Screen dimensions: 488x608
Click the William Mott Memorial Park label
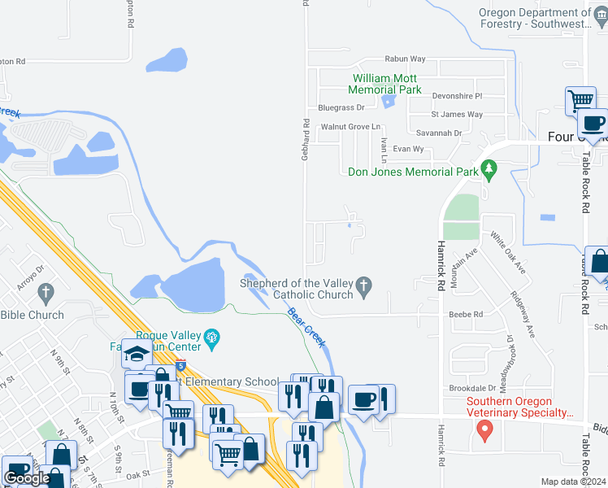click(x=386, y=84)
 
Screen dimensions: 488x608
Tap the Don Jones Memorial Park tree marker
click(x=489, y=172)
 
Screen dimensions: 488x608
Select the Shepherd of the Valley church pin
click(x=364, y=285)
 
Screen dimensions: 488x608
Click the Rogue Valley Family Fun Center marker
click(x=213, y=338)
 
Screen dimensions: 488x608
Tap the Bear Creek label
click(x=306, y=323)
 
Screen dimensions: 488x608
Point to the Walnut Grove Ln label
click(x=350, y=127)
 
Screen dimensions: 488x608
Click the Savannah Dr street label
click(x=439, y=133)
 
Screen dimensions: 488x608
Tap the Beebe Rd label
click(x=466, y=314)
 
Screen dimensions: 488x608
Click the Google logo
click(x=27, y=478)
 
